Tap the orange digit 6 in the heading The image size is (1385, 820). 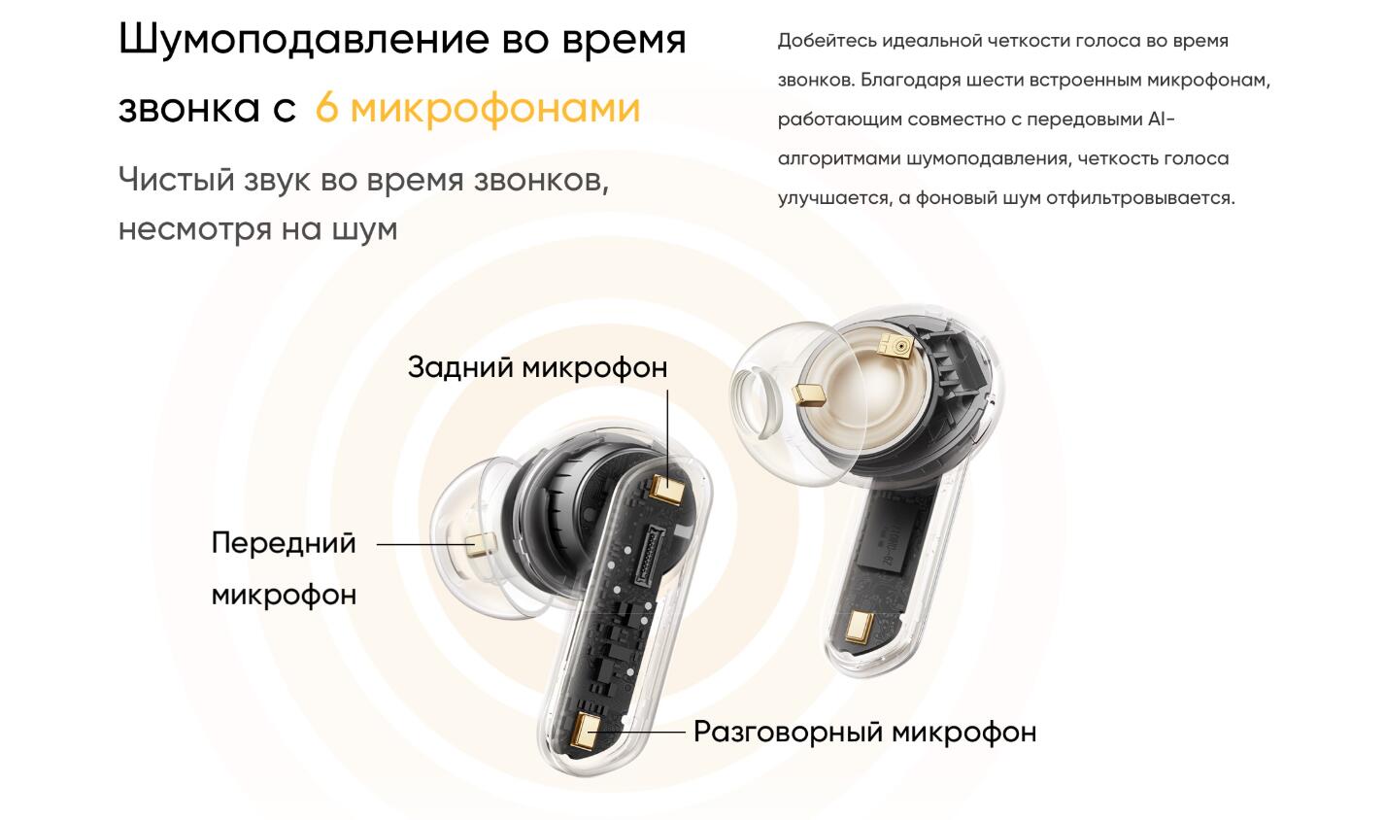point(326,108)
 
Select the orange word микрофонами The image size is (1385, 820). point(495,110)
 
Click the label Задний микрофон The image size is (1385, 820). point(537,367)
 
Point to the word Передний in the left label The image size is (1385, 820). point(284,544)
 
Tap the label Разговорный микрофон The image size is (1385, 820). point(864,733)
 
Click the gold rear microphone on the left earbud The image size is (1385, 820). point(668,489)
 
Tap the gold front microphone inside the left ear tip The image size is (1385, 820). point(480,545)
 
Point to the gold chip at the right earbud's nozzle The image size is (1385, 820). point(809,393)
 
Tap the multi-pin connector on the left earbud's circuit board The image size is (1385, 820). point(649,554)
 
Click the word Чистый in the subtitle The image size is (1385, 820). point(176,181)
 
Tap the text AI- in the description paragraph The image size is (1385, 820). point(1162,119)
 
